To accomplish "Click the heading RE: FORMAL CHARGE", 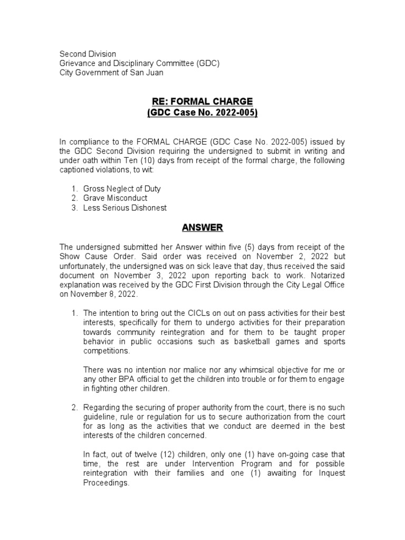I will pos(202,101).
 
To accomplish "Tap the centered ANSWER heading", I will pos(202,228).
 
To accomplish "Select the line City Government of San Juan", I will pos(111,73).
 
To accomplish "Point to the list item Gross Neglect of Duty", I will pos(122,189).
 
